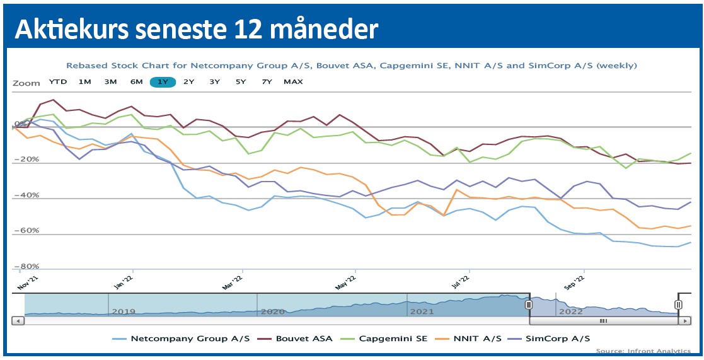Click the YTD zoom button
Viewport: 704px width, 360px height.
[x=58, y=82]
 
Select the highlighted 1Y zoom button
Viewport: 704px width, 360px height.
[x=163, y=82]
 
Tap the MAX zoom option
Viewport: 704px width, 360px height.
[x=293, y=82]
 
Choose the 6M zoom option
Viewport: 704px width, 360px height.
[x=136, y=82]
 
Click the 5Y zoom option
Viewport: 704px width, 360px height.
[x=241, y=82]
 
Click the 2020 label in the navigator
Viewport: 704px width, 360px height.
[x=272, y=311]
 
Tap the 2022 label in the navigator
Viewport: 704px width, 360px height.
[x=570, y=311]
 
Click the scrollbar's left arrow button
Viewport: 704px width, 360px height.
[x=18, y=321]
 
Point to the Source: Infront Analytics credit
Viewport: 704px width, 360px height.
[x=642, y=351]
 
